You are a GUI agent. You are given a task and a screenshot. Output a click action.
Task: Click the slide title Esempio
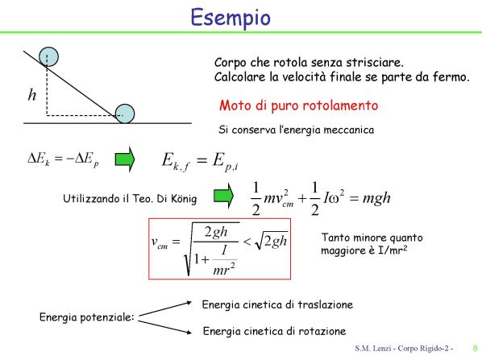tap(231, 18)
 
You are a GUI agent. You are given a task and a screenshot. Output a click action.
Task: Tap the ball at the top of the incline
tap(48, 57)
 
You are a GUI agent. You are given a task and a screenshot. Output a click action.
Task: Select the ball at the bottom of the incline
tap(125, 114)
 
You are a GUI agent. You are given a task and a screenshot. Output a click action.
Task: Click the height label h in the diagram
tap(32, 94)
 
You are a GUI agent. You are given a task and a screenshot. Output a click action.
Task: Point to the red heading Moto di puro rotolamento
tap(298, 106)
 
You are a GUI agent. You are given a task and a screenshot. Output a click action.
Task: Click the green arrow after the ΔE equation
tap(125, 159)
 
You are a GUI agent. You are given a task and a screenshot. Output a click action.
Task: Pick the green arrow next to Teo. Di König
tap(223, 196)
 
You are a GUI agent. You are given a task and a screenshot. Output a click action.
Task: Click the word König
tap(184, 199)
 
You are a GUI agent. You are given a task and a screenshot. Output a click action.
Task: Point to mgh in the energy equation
tap(376, 198)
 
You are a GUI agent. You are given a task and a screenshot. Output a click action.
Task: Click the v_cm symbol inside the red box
tap(160, 242)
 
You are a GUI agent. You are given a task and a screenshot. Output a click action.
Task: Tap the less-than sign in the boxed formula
tap(247, 242)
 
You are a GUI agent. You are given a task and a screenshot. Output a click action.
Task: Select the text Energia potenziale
tap(87, 317)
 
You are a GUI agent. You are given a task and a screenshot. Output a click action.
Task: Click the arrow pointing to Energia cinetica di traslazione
tap(165, 309)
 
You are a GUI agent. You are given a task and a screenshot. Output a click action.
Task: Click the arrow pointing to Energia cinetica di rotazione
tap(164, 327)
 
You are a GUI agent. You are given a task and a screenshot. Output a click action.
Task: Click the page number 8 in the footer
tap(475, 349)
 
